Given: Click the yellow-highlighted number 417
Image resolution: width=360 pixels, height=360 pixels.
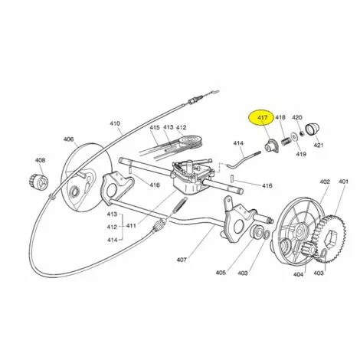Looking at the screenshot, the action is point(262,118).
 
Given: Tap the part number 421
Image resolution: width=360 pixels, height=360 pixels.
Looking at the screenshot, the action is point(319,145).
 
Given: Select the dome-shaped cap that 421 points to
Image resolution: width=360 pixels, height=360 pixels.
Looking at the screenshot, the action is point(313,129).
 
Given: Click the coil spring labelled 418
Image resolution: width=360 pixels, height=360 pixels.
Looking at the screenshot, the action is point(286,141).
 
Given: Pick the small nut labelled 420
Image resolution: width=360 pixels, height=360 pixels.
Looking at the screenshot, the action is point(302,133).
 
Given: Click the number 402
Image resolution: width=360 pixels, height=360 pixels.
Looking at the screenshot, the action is point(325,182).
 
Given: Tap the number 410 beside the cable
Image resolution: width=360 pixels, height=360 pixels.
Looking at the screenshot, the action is point(115,123).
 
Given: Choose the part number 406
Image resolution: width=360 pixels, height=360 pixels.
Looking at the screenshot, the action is point(68,139).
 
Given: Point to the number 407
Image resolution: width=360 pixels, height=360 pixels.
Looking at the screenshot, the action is point(182,260).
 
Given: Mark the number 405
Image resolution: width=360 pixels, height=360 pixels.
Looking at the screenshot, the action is point(221,273).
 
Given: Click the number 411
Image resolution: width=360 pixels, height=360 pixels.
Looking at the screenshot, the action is point(131,226).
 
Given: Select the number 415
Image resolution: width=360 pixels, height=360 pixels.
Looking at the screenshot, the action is point(155,127).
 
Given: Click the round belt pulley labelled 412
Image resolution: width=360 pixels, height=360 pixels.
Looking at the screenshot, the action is point(189,142).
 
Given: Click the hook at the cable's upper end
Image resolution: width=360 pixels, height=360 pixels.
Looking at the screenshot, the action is point(213,93).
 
